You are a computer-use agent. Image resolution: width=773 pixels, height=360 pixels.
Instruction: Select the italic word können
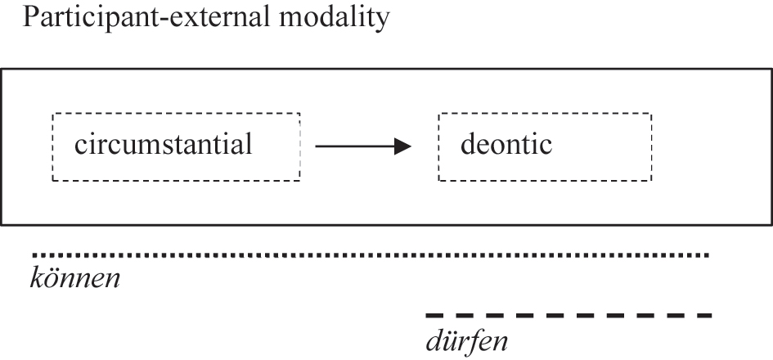coord(75,279)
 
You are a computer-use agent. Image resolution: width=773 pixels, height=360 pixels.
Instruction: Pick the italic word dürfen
coord(467,338)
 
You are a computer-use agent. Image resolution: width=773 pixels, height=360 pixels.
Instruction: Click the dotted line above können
coord(368,255)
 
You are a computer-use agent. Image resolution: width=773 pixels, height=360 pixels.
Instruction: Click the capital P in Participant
coord(31,18)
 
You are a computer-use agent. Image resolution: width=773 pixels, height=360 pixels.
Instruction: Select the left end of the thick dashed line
coord(428,315)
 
